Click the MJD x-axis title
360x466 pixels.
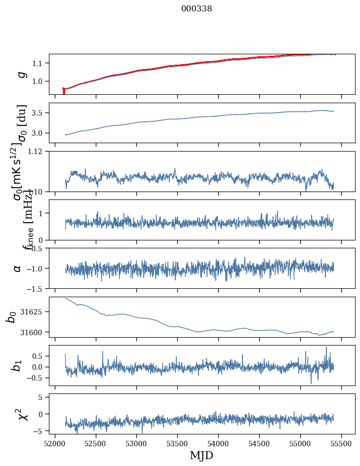tap(201, 455)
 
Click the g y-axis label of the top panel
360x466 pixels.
tap(21, 74)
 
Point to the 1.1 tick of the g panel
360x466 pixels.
tap(40, 63)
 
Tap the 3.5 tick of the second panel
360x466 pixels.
tap(40, 113)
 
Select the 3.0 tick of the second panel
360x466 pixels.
tap(40, 133)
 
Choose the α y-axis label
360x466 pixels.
tap(18, 268)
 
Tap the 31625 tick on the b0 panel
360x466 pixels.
tap(35, 312)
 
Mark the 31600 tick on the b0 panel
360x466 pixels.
tap(35, 332)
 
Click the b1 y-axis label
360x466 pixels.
tap(17, 366)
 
